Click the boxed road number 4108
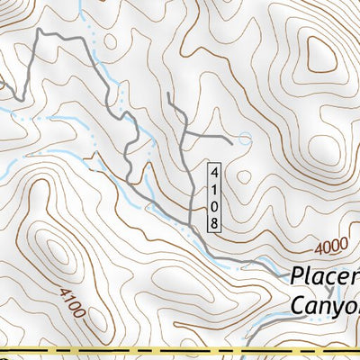pos(213,195)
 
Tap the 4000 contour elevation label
pos(330,245)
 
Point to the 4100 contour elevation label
pos(76,302)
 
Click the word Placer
pos(324,276)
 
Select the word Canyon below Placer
pos(325,306)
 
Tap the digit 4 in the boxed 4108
pos(213,170)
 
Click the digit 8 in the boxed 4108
pos(213,221)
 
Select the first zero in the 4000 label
pos(327,246)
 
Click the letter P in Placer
pos(298,276)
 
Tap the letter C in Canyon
pos(299,306)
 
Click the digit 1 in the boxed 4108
pos(213,187)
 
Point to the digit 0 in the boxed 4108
pos(213,204)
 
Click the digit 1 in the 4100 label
pos(72,298)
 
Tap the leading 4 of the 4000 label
pos(319,247)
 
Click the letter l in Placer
pos(311,275)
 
